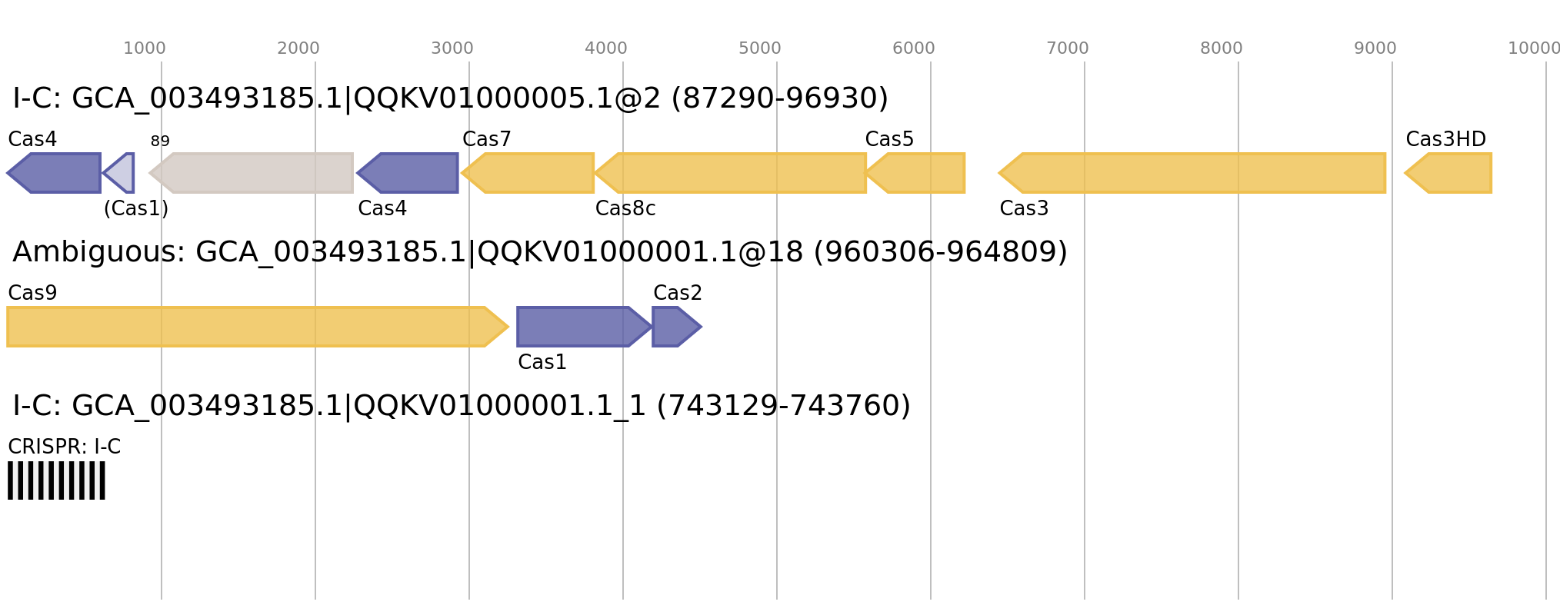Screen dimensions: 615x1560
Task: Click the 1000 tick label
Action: pos(145,48)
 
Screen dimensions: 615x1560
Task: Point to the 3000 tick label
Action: pos(452,48)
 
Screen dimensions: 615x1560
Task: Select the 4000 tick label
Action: pos(606,48)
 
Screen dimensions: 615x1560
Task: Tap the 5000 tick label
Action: pos(760,48)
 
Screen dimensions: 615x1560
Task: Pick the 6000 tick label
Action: pos(914,48)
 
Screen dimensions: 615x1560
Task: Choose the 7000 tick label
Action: pos(1068,48)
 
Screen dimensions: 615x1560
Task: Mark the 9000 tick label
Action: pos(1375,48)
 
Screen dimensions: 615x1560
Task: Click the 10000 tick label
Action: pos(1533,48)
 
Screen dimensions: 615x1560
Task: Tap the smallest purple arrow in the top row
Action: pos(121,173)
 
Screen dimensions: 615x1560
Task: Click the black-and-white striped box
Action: pos(56,480)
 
